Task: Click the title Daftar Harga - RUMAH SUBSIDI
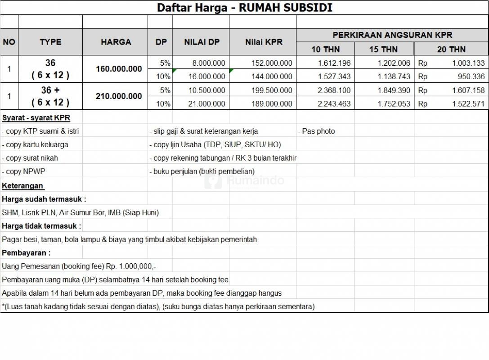click(244, 8)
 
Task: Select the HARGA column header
click(116, 42)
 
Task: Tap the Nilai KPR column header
click(264, 42)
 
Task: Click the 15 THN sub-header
click(383, 49)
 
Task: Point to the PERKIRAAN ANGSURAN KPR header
click(392, 35)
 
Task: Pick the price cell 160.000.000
click(119, 69)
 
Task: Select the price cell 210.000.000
click(119, 96)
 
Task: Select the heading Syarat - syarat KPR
click(36, 118)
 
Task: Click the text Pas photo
click(318, 131)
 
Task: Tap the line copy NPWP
click(25, 171)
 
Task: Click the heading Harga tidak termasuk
click(41, 226)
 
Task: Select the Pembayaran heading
click(26, 253)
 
